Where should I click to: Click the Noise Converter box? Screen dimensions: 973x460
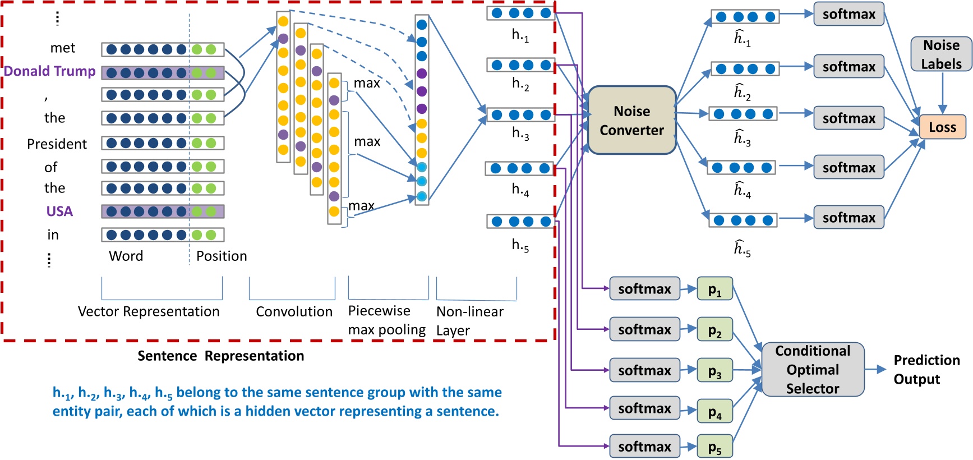click(x=631, y=120)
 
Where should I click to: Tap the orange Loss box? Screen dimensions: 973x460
click(x=942, y=127)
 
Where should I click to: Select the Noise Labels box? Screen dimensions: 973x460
click(x=942, y=54)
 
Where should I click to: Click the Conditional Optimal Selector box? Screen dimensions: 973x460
click(x=813, y=370)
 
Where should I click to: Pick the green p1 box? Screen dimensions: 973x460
click(x=714, y=288)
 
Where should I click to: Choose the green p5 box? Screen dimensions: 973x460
click(x=714, y=447)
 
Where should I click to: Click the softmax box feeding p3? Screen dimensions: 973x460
click(x=644, y=370)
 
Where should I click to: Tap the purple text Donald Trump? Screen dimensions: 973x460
click(x=50, y=71)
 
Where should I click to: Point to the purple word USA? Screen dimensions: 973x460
click(x=59, y=211)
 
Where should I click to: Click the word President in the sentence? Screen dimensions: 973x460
click(x=57, y=144)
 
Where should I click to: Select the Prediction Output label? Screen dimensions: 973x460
click(x=926, y=370)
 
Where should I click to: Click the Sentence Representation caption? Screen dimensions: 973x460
click(x=221, y=356)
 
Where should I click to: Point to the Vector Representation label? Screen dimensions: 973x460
click(x=149, y=311)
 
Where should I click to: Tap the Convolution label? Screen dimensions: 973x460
click(x=294, y=311)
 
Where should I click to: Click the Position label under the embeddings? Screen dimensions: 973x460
click(x=222, y=256)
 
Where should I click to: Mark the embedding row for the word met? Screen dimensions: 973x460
click(x=163, y=49)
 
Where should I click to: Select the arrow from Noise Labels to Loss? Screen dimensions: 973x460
click(x=942, y=93)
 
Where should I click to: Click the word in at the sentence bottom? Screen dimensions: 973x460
click(x=53, y=234)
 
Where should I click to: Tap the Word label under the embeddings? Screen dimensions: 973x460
click(x=126, y=256)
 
